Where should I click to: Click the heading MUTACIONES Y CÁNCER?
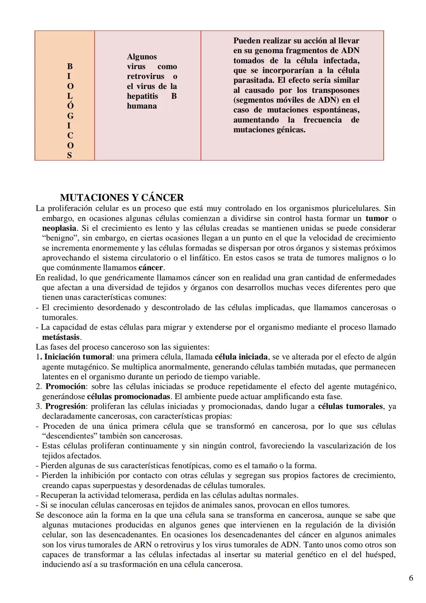click(x=122, y=198)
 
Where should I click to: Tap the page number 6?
click(x=411, y=578)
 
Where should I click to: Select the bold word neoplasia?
click(x=59, y=228)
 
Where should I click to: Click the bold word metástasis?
click(x=61, y=337)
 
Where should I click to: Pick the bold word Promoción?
click(x=65, y=386)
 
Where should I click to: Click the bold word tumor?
click(x=377, y=219)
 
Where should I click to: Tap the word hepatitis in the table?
click(x=142, y=96)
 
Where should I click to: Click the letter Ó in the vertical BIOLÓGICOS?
click(x=70, y=106)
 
